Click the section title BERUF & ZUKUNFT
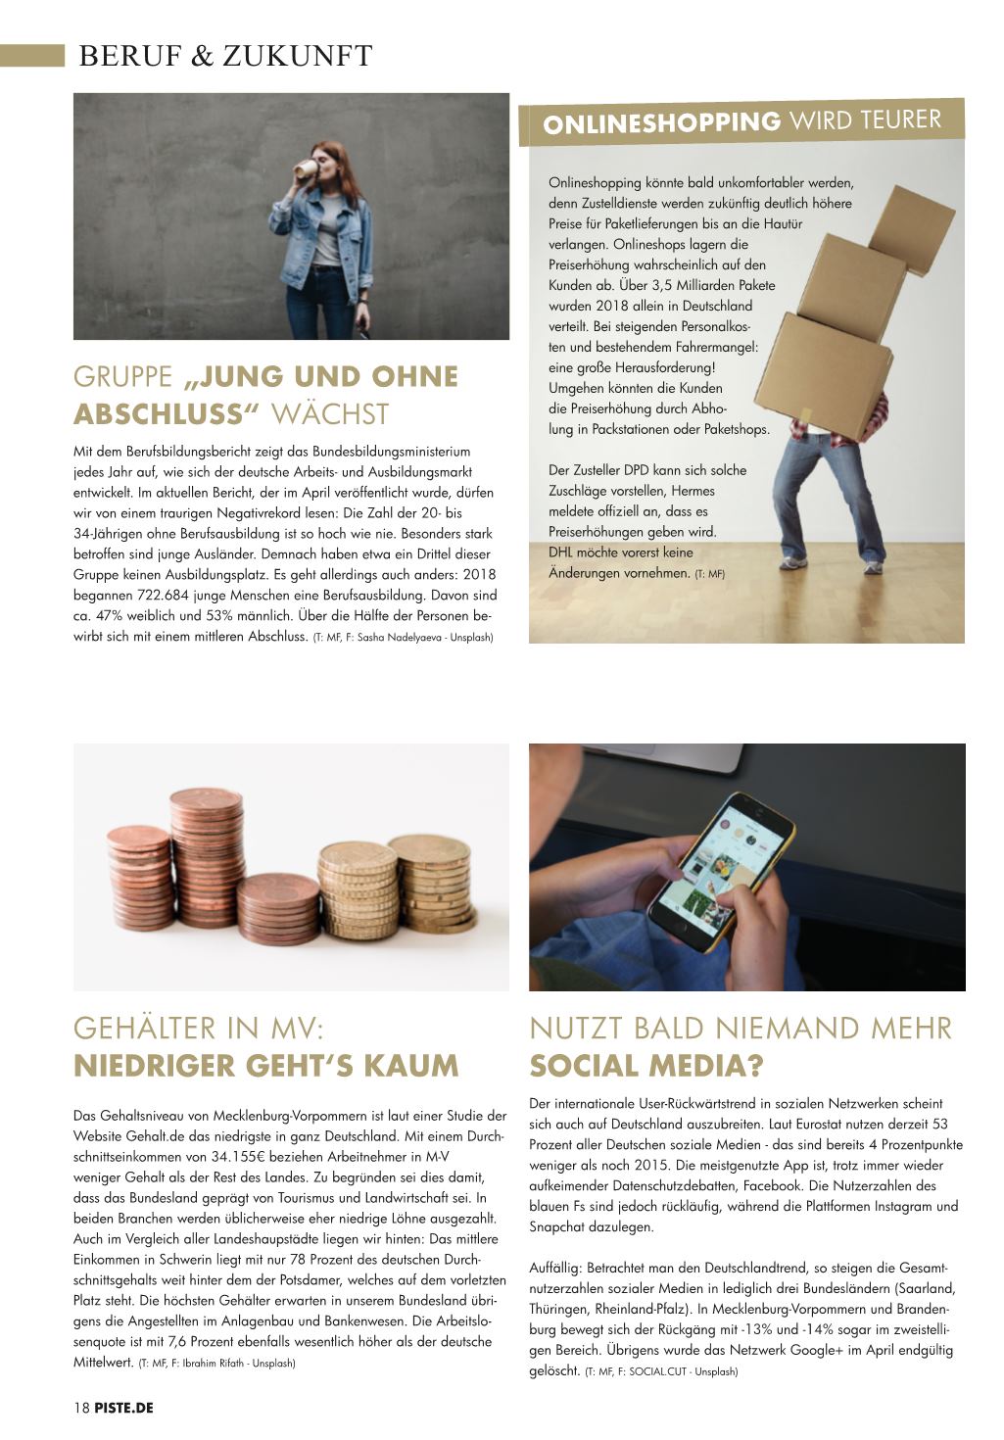click(225, 57)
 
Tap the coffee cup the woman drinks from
click(310, 168)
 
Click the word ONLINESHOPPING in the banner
click(661, 123)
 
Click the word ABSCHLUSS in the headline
click(162, 414)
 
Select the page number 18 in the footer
click(81, 1408)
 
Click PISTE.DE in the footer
click(124, 1408)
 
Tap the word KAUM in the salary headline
click(415, 1065)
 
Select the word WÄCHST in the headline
click(329, 414)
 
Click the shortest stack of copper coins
click(278, 907)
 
